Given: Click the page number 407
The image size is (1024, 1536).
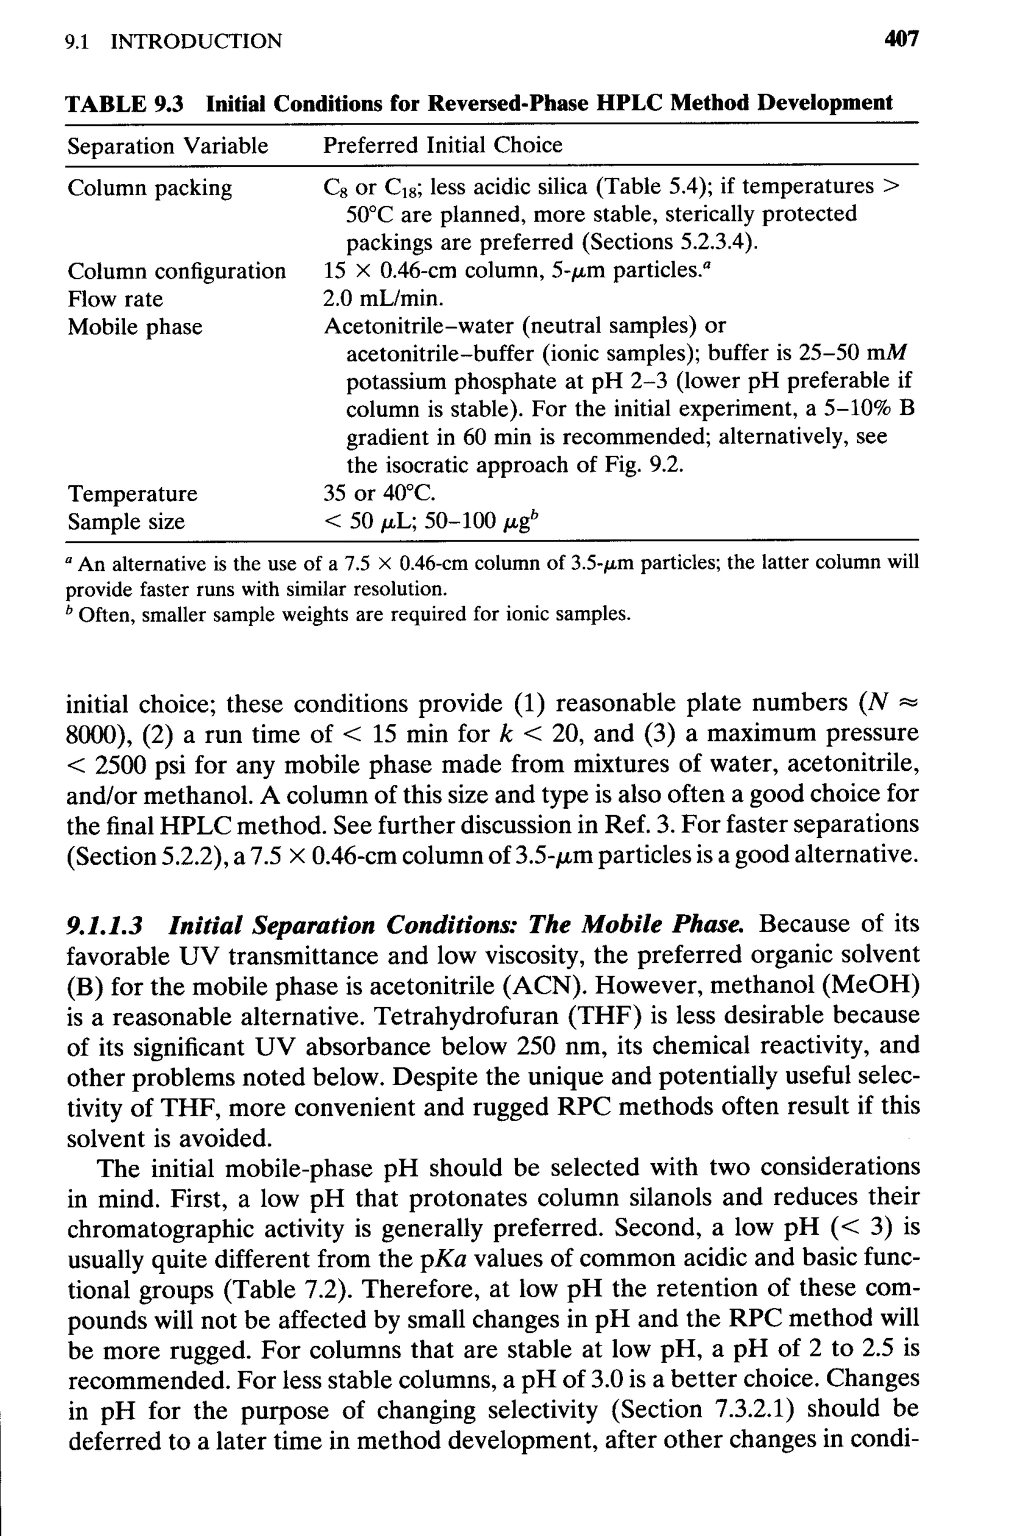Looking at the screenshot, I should pos(900,40).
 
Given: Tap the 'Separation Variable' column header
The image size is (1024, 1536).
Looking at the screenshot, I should pos(167,145).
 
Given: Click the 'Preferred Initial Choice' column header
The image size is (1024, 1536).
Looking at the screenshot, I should pos(443,145).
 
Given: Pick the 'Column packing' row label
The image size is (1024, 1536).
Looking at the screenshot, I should pos(149,188).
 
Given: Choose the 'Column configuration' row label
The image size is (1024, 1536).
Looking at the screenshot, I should pos(176,271).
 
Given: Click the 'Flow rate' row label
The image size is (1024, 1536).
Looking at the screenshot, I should pos(115,299).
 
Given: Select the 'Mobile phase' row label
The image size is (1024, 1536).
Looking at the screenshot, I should pos(134,326).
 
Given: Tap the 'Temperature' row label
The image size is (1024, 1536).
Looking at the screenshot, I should pos(132,493).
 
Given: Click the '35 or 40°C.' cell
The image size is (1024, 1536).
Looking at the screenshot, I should pos(379,492).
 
